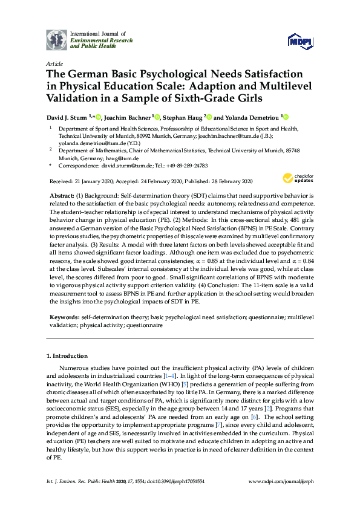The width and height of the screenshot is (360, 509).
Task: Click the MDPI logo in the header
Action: click(301, 40)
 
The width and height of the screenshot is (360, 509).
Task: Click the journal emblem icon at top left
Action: click(57, 39)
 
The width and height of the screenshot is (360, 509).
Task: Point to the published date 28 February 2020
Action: click(227, 181)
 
